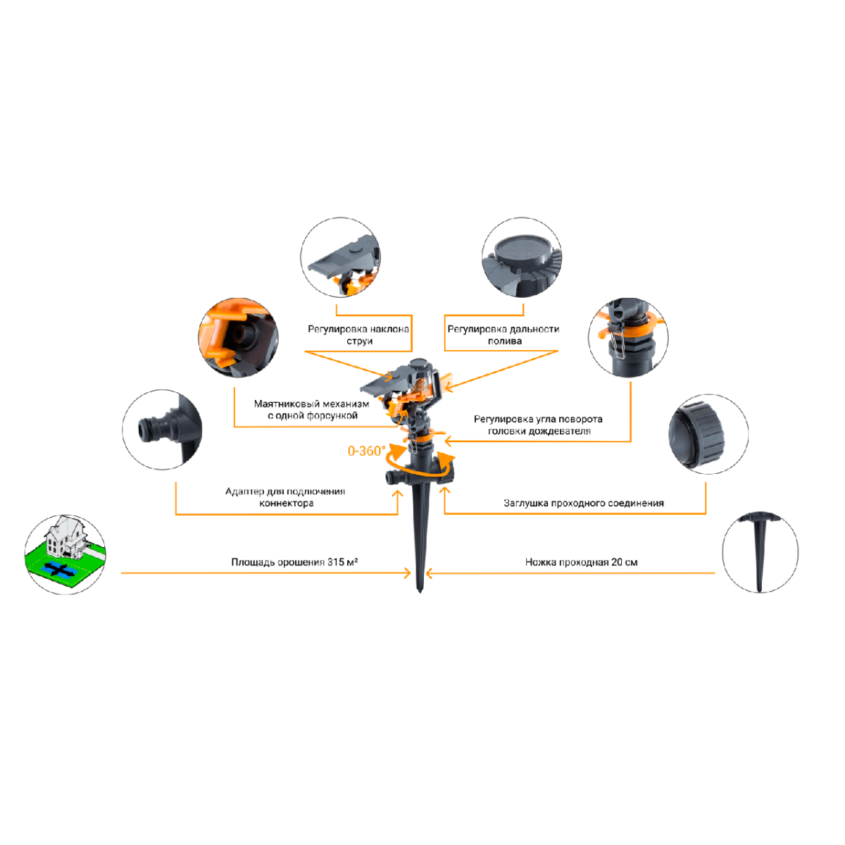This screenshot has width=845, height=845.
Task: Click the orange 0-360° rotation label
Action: pos(367,451)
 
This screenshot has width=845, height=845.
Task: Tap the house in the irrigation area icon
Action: pos(65,537)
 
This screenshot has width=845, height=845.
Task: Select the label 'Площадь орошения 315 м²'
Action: pos(294,562)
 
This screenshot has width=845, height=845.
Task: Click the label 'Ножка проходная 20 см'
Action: pos(581,562)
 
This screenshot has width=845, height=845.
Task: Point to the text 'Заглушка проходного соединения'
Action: pos(583,503)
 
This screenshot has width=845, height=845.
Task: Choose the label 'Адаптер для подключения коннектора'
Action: pos(285,497)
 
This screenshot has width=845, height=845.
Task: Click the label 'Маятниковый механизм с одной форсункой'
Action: pos(312,410)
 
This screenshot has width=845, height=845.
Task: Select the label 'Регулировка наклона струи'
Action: pos(358,335)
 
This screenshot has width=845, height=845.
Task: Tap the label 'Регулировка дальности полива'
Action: pos(503,335)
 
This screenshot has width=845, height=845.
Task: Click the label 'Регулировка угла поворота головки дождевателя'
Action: pos(538,425)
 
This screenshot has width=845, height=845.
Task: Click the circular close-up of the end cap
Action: pos(708,434)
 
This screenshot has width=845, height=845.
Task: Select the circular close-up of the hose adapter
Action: pos(162,430)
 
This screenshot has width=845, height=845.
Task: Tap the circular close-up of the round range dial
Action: pos(521,257)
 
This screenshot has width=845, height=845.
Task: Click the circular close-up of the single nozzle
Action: pos(238,338)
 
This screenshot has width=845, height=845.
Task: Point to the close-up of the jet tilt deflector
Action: pos(341,257)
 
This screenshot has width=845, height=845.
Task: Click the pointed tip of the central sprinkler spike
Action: pos(420,592)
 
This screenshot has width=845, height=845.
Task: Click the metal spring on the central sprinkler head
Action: pos(421,385)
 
